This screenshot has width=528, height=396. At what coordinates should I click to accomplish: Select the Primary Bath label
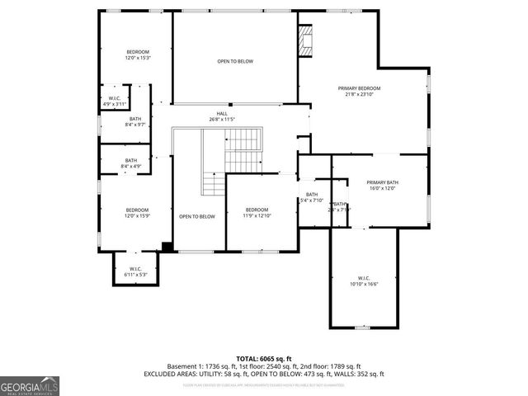[383, 181]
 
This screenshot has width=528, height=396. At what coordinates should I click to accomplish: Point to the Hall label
[222, 113]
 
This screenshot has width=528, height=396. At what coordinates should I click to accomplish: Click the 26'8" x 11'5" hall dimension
[222, 120]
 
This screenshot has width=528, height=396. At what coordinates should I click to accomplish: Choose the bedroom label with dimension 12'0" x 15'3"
[137, 51]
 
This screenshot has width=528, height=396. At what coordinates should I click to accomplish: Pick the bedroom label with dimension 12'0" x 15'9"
[137, 210]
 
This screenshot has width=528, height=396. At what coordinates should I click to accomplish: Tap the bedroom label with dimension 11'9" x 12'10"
[257, 210]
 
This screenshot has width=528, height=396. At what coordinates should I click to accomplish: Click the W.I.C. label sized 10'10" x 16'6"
[364, 277]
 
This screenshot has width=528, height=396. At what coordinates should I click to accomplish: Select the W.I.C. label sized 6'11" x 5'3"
[136, 268]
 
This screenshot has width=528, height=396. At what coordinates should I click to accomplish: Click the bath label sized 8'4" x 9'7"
[134, 119]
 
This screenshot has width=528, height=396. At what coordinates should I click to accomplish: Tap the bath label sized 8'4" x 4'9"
[131, 160]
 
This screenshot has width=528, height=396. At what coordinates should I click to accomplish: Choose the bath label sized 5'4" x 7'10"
[312, 194]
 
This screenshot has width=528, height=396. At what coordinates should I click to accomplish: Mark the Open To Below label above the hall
[235, 62]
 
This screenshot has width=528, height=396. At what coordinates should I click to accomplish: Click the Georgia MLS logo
[30, 385]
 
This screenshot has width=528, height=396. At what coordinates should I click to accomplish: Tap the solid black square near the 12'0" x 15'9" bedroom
[167, 246]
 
